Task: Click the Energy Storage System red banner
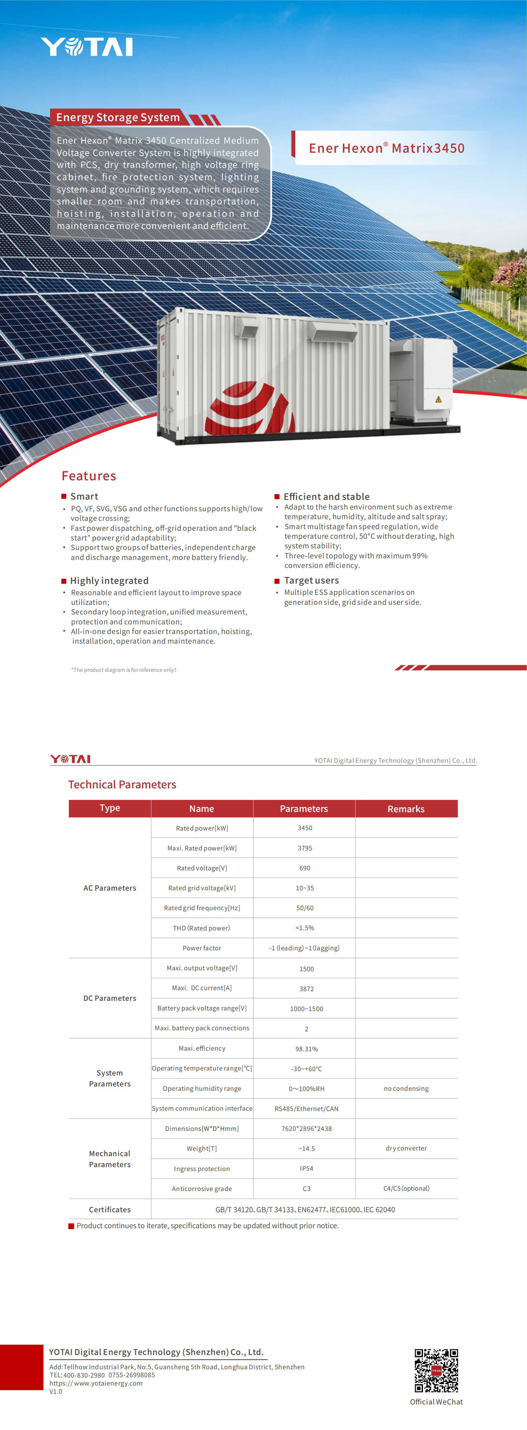118,117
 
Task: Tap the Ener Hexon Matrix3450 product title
387,148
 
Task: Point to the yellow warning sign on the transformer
438,399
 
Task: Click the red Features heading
89,476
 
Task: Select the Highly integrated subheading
109,581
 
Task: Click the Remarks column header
406,809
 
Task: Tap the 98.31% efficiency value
306,1049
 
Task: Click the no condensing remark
406,1088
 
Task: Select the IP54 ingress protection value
306,1168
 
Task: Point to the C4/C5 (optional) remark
406,1189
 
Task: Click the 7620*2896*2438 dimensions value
306,1129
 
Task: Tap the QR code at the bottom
436,1371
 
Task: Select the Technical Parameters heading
122,784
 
